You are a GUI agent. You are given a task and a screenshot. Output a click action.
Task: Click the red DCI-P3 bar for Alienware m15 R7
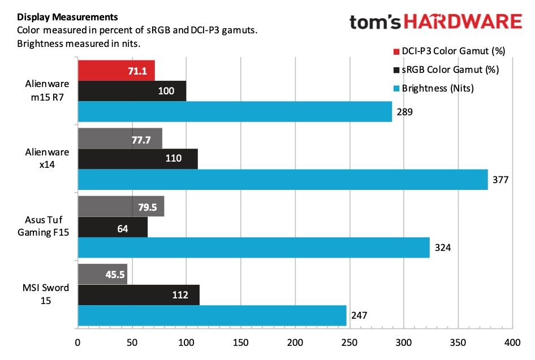pos(116,71)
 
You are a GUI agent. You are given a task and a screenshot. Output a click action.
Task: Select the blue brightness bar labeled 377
pos(282,180)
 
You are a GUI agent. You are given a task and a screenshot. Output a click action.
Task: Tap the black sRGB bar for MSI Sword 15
pos(138,295)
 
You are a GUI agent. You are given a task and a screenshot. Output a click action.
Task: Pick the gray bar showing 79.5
pos(120,206)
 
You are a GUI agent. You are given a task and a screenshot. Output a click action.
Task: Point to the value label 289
pos(404,112)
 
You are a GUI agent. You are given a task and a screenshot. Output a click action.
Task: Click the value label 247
pos(359,315)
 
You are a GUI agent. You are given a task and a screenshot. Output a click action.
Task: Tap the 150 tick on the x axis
pos(240,342)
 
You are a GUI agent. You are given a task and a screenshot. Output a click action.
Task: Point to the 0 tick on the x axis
pos(77,342)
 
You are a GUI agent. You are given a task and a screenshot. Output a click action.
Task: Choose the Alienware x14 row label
pos(48,158)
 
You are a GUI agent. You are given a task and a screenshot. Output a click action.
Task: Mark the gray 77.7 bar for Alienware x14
pos(120,138)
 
